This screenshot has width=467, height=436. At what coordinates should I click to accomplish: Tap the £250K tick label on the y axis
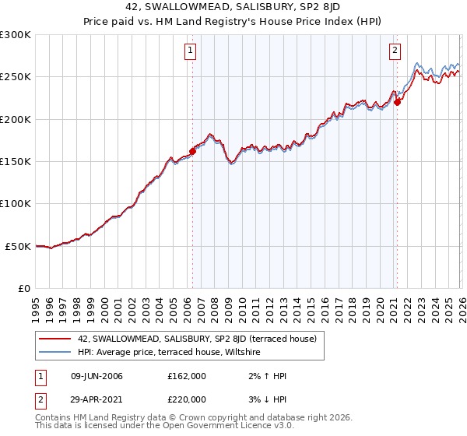16,77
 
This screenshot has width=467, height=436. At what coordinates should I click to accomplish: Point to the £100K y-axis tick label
16,203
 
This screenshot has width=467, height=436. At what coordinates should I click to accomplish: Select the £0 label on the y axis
23,288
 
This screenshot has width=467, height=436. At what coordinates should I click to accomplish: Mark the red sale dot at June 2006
192,152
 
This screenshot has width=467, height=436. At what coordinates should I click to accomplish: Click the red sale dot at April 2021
397,102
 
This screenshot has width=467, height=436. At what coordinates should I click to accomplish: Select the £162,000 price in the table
187,376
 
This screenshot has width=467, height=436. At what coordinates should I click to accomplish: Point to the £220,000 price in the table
187,399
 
